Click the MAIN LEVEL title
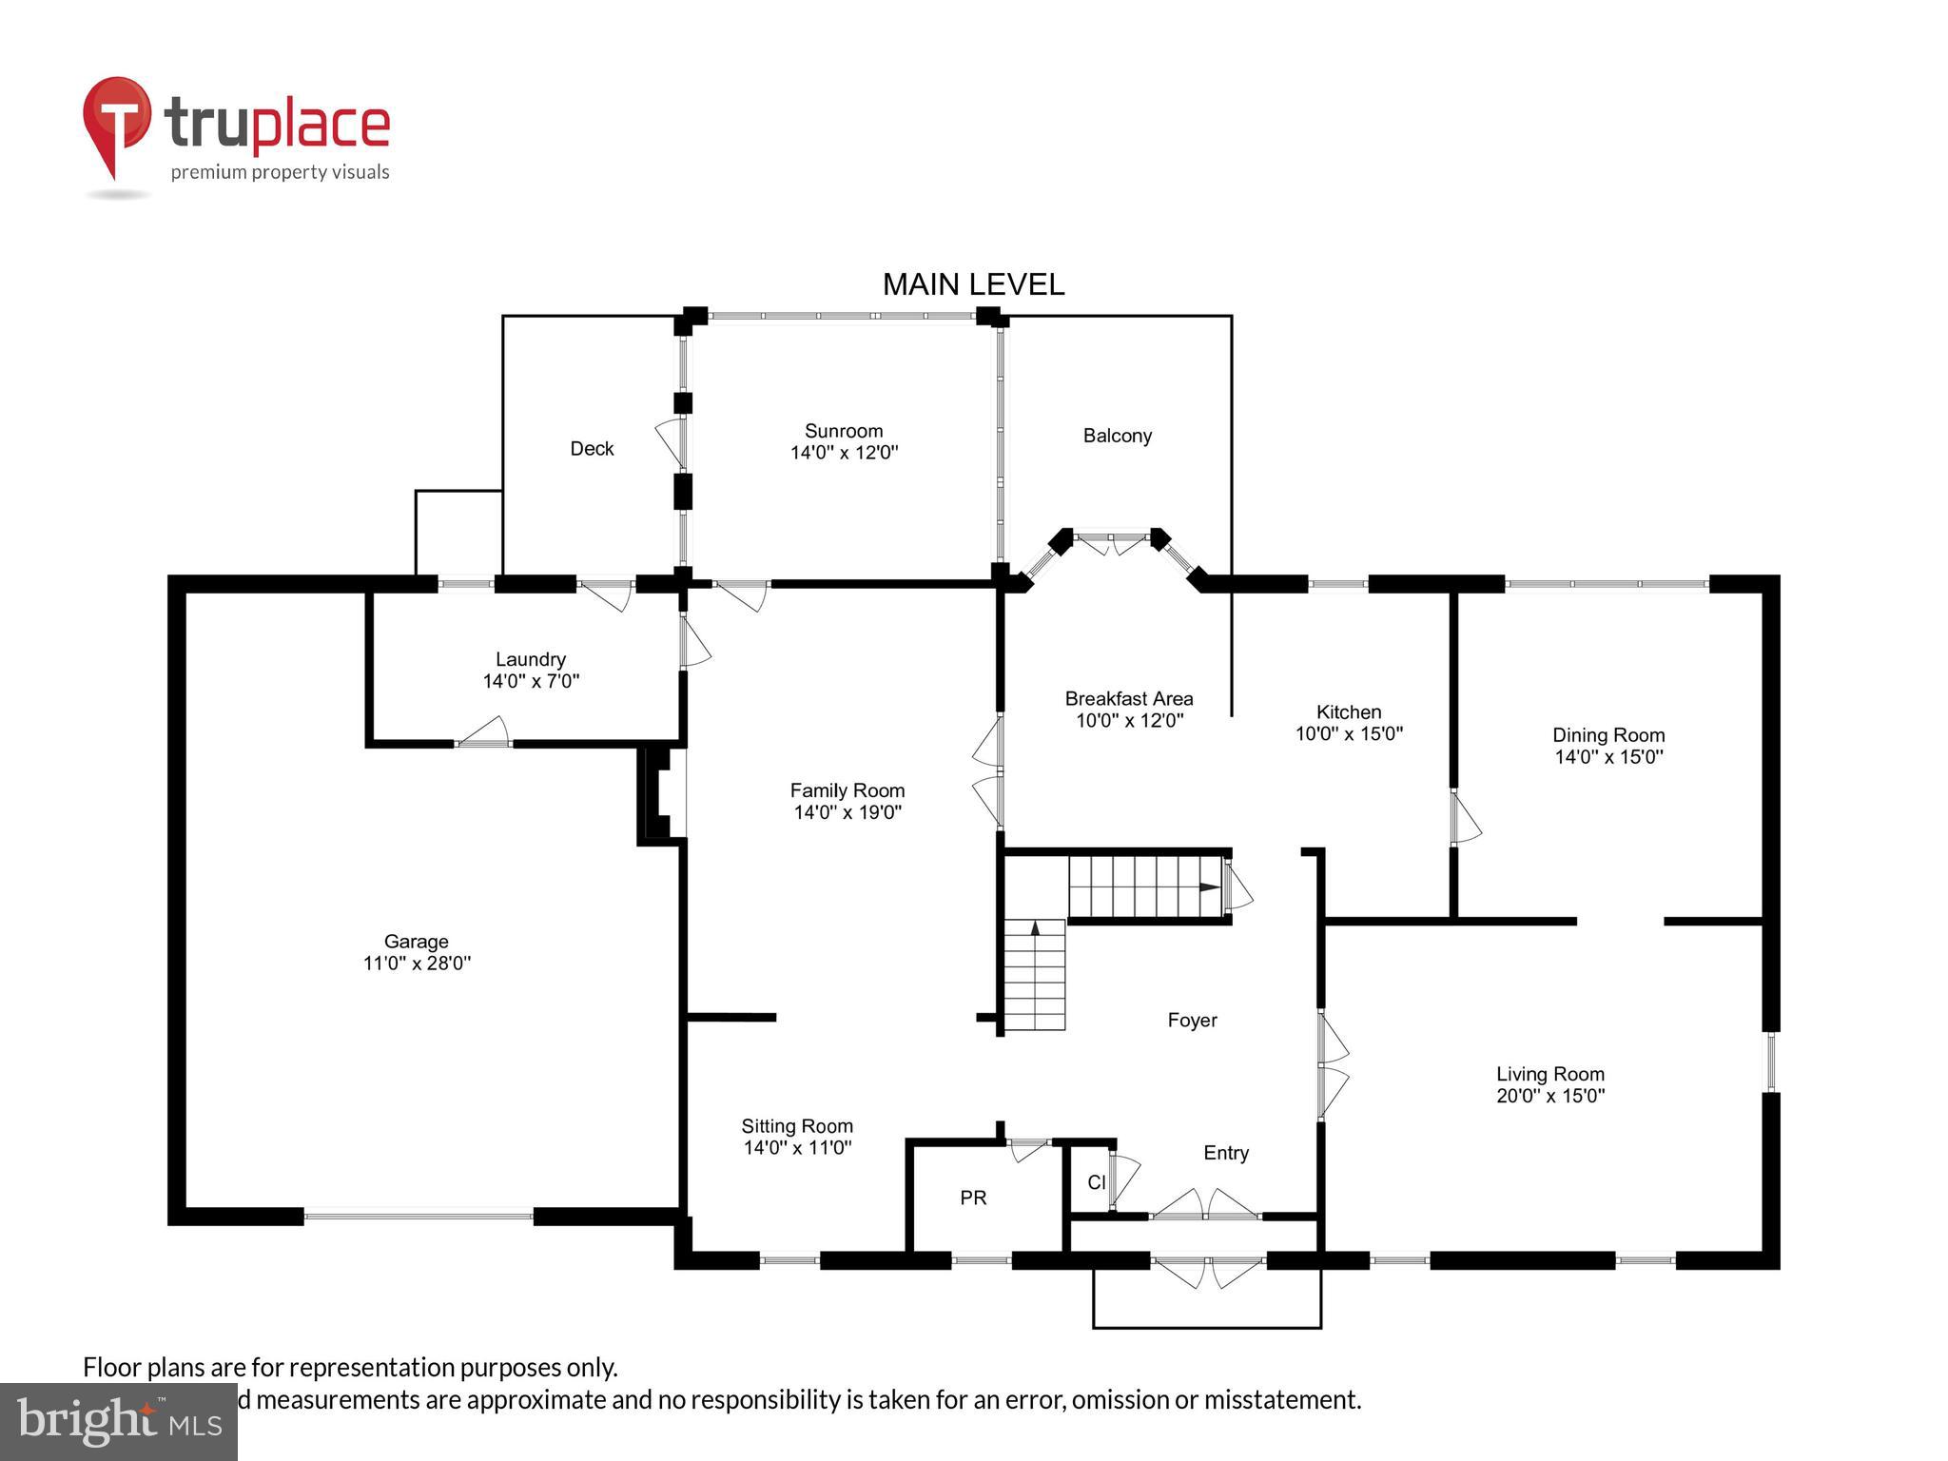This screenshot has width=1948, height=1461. [x=973, y=284]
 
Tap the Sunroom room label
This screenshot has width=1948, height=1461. [x=844, y=431]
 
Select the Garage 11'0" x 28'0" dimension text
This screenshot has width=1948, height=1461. [x=417, y=964]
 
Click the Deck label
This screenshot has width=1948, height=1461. [x=592, y=449]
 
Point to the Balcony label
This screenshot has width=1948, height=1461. [x=1117, y=436]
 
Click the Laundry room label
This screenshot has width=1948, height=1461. [x=530, y=659]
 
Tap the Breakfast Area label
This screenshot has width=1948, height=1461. [x=1128, y=699]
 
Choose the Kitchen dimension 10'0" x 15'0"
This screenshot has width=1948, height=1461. [x=1349, y=733]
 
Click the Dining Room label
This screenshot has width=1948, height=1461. [x=1608, y=735]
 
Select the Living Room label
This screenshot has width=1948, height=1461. [x=1549, y=1074]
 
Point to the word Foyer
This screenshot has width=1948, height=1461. [x=1192, y=1021]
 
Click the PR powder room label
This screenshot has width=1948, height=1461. [x=973, y=1198]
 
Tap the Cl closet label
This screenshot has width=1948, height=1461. [x=1096, y=1182]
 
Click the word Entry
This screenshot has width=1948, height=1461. [x=1225, y=1153]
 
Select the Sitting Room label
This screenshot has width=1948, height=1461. [x=797, y=1126]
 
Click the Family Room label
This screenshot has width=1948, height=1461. [x=847, y=790]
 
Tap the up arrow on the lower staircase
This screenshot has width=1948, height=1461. [x=1035, y=927]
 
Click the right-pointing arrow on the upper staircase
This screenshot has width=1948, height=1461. [x=1209, y=887]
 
